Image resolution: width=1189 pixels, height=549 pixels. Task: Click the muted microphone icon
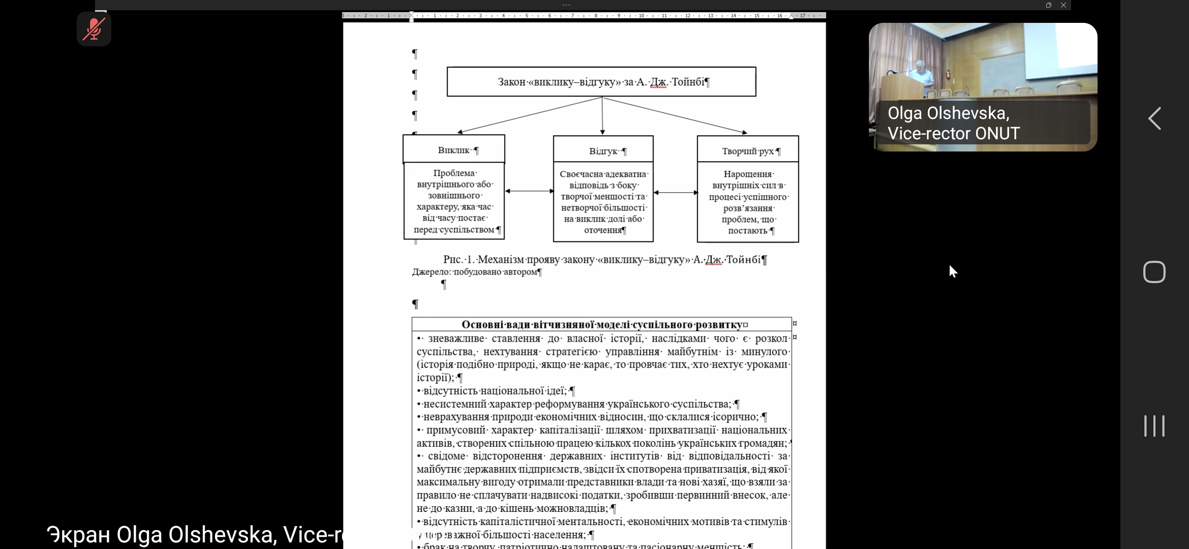pos(94,29)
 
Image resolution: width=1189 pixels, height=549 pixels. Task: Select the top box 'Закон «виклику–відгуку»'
pos(601,82)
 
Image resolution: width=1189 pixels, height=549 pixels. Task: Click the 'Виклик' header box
pos(454,149)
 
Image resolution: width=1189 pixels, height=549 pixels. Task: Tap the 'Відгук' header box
pos(603,150)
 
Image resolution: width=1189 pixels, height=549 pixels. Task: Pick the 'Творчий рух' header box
pos(747,150)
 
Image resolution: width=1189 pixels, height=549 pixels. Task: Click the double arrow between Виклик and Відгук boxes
pos(529,191)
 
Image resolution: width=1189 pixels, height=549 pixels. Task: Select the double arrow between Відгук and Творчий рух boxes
pos(675,193)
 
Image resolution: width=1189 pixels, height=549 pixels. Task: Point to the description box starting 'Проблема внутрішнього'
pos(454,201)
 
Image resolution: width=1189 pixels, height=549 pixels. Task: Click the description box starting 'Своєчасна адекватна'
pos(603,202)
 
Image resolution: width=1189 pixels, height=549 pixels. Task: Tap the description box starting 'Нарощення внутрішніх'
pos(747,202)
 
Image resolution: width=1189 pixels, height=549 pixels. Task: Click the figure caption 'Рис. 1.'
pos(604,260)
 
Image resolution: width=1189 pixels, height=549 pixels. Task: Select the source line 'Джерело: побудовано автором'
pos(476,272)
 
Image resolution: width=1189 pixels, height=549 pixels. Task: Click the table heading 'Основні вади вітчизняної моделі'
pos(604,324)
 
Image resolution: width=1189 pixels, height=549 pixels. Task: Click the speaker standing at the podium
pos(922,76)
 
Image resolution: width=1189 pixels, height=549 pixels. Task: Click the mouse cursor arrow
pos(952,271)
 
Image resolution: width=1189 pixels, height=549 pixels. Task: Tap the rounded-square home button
pos(1154,272)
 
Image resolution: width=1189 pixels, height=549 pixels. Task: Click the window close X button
pos(1063,5)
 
